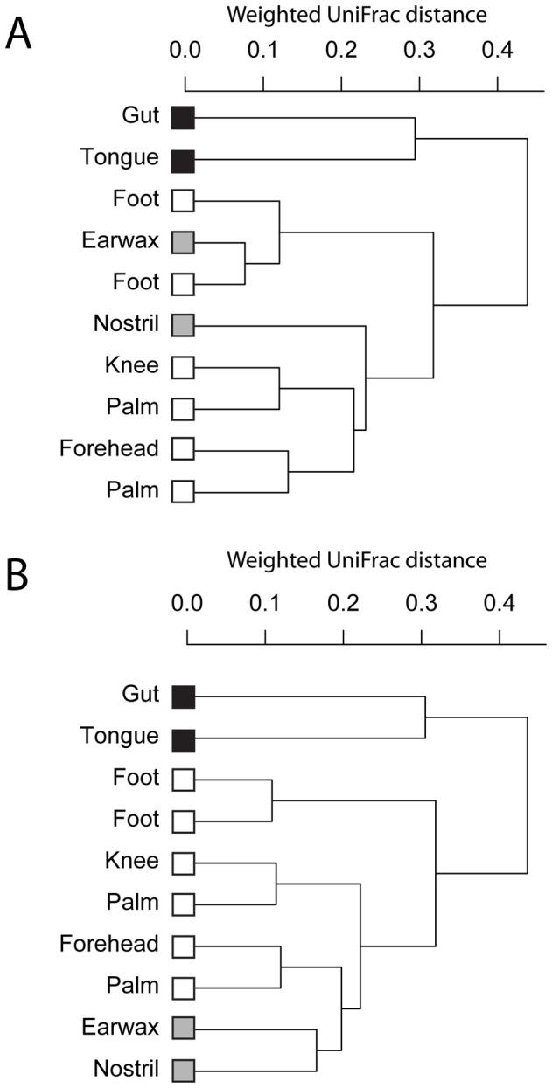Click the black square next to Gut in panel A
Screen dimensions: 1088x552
[183, 117]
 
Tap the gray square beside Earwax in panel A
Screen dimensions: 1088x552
[183, 242]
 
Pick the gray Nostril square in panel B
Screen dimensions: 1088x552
[184, 1069]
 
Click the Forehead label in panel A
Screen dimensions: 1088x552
[110, 448]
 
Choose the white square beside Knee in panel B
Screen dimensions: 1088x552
[184, 863]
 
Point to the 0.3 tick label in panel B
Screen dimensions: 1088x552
[421, 605]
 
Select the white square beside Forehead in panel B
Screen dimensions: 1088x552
[184, 946]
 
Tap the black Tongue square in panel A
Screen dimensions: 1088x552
[183, 159]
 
